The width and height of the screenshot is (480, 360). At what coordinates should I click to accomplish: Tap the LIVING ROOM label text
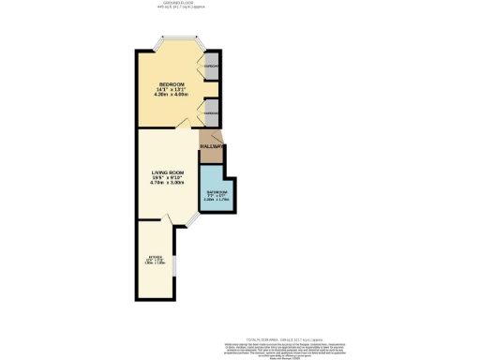coord(169,172)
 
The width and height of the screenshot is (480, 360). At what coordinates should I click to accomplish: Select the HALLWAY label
coord(210,147)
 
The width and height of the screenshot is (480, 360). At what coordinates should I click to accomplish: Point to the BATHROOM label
coord(217,191)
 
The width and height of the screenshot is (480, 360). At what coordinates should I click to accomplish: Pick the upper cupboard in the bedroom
coord(213,66)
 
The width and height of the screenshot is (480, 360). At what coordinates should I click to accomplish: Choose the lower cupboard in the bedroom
coord(213,112)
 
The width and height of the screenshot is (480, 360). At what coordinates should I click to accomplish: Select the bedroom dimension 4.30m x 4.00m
coord(170,95)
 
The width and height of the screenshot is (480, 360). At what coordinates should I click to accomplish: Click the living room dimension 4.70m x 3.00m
coord(169,185)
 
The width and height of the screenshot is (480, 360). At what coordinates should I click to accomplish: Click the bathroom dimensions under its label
coord(217,198)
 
